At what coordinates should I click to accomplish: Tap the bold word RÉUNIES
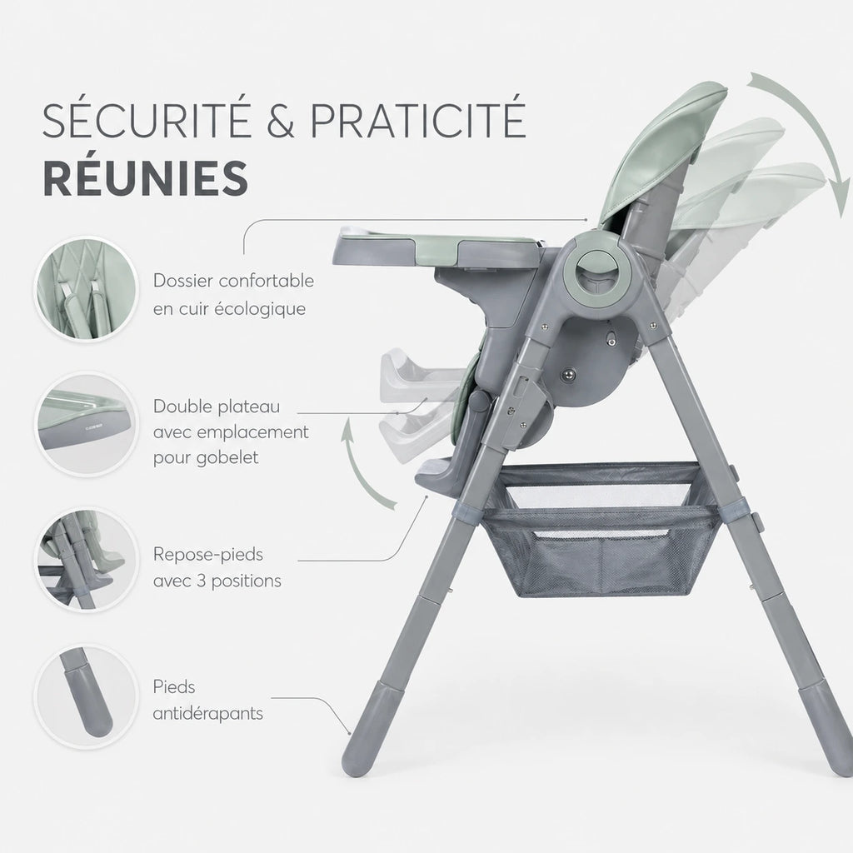(146, 178)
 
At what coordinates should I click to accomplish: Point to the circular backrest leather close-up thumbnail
(87, 289)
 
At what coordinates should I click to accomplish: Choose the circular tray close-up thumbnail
(87, 424)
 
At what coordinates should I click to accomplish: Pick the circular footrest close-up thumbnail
(87, 560)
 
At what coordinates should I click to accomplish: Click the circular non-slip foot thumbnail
(87, 696)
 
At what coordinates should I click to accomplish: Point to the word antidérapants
(207, 714)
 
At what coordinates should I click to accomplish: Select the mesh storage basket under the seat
(601, 527)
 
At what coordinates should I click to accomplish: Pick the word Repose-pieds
(207, 555)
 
